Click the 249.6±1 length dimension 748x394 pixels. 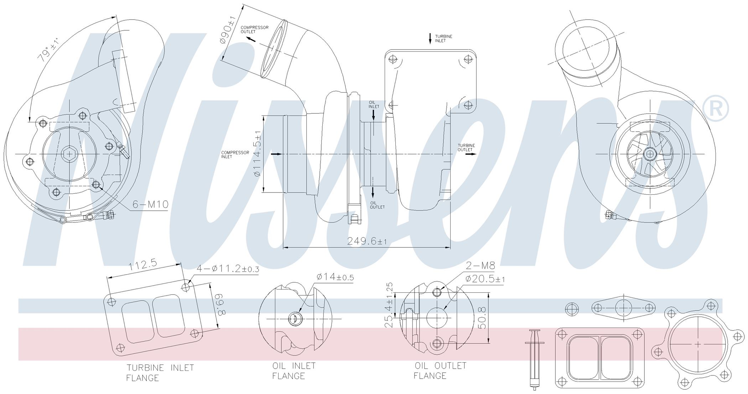click(367, 241)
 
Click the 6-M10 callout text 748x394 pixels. click(150, 204)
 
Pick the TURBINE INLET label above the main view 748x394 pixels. click(443, 39)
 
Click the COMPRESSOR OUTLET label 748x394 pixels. click(255, 30)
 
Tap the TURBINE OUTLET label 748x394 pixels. click(466, 148)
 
